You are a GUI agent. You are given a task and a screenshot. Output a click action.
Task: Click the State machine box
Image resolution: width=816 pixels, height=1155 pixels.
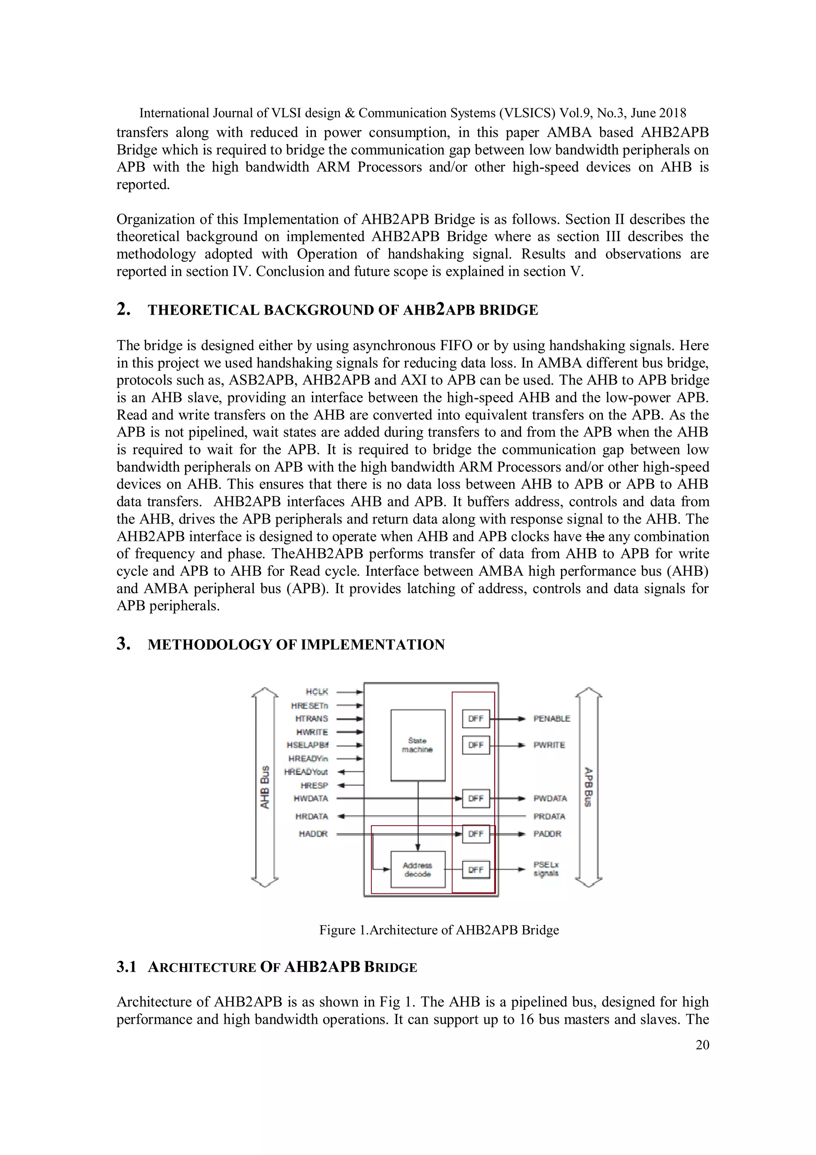[418, 745]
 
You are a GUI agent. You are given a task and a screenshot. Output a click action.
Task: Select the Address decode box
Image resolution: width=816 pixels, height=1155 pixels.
[418, 869]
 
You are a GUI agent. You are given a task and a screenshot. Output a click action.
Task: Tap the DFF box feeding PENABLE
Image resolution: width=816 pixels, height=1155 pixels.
[476, 719]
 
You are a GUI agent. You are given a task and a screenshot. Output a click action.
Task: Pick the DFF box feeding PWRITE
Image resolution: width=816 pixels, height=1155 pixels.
[476, 745]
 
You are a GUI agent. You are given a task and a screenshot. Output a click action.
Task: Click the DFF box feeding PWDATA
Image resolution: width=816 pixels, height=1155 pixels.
[476, 798]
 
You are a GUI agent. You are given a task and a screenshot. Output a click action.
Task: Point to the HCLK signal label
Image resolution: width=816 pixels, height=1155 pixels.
[317, 692]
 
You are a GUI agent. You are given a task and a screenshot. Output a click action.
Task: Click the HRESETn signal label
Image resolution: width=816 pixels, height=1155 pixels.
[309, 706]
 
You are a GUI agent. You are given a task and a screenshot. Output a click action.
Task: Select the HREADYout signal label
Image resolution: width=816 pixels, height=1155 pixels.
[306, 772]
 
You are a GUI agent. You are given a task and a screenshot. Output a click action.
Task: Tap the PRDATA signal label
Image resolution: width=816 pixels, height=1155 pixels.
[549, 817]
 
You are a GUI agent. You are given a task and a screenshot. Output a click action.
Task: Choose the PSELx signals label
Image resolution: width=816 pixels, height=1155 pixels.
[546, 869]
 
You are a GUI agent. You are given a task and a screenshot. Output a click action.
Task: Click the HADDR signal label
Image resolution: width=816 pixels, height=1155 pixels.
[313, 834]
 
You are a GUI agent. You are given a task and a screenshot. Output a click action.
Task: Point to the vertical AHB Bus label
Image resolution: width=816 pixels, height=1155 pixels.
[265, 787]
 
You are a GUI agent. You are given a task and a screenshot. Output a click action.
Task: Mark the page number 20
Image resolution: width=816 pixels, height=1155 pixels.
[702, 1045]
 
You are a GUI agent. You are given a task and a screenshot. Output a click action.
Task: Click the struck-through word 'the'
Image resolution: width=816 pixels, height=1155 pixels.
[595, 536]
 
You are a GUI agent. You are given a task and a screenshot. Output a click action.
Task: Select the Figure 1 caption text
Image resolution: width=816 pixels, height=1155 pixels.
[439, 930]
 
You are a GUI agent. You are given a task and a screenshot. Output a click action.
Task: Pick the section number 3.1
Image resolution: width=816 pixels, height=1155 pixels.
[127, 967]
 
